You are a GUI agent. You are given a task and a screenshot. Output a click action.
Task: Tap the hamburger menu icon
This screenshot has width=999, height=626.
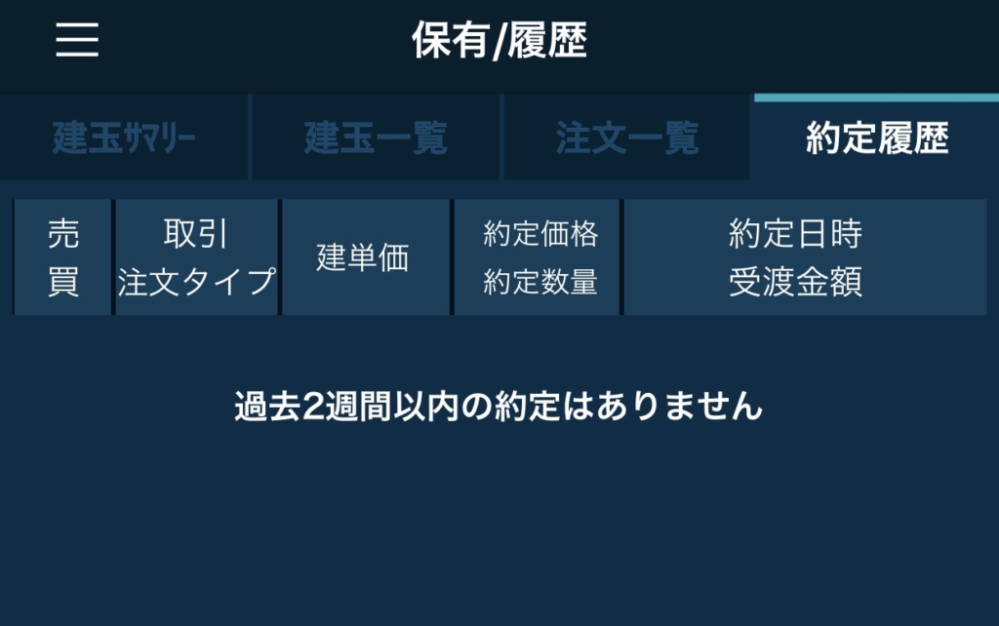[x=77, y=39]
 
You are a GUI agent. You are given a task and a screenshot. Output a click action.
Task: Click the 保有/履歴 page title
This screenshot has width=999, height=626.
[x=499, y=39]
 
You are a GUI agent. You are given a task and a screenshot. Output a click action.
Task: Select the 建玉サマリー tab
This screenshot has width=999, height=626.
[x=124, y=137]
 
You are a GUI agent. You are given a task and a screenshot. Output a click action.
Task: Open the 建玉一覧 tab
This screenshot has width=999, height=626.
[x=376, y=137]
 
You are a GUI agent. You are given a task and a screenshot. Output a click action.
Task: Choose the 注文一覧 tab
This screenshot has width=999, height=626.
[x=627, y=137]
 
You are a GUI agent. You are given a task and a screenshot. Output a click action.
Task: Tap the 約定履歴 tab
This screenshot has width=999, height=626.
[x=877, y=137]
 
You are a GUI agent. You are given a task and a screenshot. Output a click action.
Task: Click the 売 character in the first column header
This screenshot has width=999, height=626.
[x=63, y=233]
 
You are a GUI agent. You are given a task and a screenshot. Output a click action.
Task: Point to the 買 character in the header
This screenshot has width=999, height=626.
[x=63, y=282]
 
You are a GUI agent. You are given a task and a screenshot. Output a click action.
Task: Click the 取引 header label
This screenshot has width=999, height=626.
[x=195, y=233]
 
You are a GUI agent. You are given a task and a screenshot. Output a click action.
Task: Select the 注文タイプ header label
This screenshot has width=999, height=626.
[x=196, y=282]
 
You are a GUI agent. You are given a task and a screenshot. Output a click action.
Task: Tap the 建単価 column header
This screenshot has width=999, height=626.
[x=363, y=257]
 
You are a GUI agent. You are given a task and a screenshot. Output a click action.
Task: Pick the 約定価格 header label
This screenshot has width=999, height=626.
[x=540, y=233]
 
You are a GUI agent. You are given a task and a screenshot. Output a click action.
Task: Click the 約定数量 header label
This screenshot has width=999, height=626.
[x=540, y=282]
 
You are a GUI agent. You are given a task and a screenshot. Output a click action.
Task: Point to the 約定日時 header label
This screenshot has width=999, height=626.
[x=795, y=233]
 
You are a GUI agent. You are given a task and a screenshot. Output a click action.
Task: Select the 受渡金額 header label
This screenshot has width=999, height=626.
[x=795, y=282]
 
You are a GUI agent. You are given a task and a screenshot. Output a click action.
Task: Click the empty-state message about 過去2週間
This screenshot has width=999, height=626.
[x=499, y=406]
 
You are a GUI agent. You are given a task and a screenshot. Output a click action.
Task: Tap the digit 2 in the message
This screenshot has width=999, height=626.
[x=313, y=407]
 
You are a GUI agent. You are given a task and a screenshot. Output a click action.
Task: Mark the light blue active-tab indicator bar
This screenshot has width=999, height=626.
[x=877, y=98]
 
